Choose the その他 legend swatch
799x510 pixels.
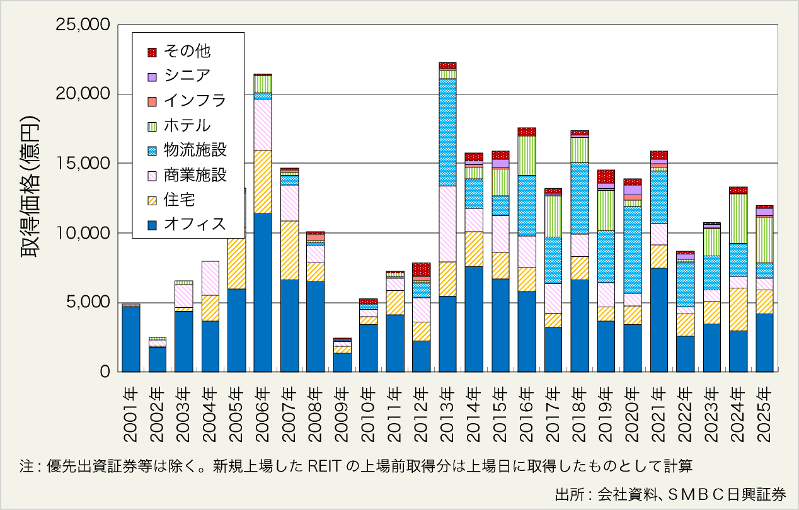pos(152,51)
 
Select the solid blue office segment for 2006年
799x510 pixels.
pos(263,293)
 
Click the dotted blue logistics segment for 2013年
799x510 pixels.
pos(447,132)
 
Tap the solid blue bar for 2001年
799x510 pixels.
pos(130,339)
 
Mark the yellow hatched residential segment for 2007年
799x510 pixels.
pos(289,250)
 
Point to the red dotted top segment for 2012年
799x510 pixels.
pos(421,269)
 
